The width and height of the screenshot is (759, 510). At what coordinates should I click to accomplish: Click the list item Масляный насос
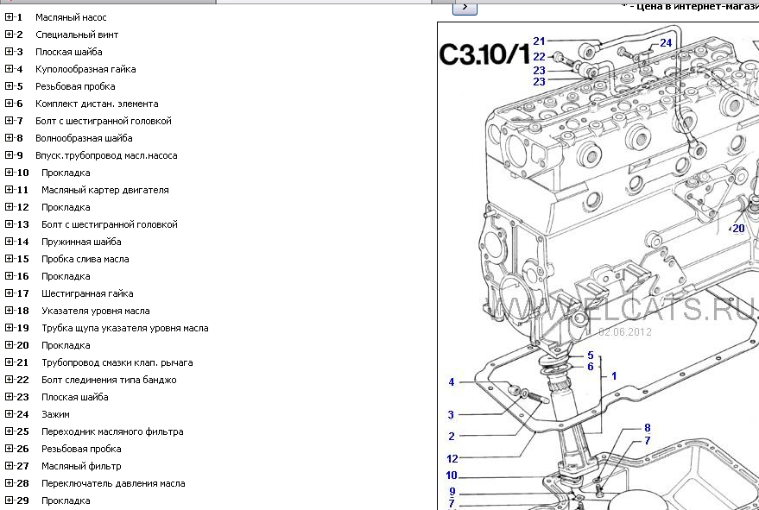[71, 17]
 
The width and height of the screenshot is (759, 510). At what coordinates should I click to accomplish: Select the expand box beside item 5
[9, 86]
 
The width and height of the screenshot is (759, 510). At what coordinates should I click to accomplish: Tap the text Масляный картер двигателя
[104, 190]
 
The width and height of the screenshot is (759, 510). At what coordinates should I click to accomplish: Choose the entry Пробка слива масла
[85, 259]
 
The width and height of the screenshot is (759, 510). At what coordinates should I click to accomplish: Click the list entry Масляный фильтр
[81, 466]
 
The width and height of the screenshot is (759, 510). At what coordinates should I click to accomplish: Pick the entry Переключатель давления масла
[112, 483]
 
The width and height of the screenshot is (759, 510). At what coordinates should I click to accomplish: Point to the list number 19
[22, 328]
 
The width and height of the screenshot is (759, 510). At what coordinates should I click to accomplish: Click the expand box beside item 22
[9, 380]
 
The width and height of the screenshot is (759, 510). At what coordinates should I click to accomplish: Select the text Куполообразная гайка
[85, 69]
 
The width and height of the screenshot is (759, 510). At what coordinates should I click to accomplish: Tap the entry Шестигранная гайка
[87, 293]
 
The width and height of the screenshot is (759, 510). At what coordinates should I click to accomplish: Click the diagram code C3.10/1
[484, 54]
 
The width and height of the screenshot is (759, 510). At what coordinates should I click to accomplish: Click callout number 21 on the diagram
[539, 41]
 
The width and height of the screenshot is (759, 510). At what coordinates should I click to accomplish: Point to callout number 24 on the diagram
[666, 42]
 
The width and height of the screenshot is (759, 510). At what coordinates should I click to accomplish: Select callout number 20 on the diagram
[738, 229]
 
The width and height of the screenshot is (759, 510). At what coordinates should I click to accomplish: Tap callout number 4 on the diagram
[451, 382]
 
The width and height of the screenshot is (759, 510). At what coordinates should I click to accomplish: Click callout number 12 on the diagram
[452, 459]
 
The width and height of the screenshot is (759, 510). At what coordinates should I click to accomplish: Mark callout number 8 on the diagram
[647, 427]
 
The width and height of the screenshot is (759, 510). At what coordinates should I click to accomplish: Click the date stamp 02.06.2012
[625, 331]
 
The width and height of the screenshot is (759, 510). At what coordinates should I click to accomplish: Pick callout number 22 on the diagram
[539, 57]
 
